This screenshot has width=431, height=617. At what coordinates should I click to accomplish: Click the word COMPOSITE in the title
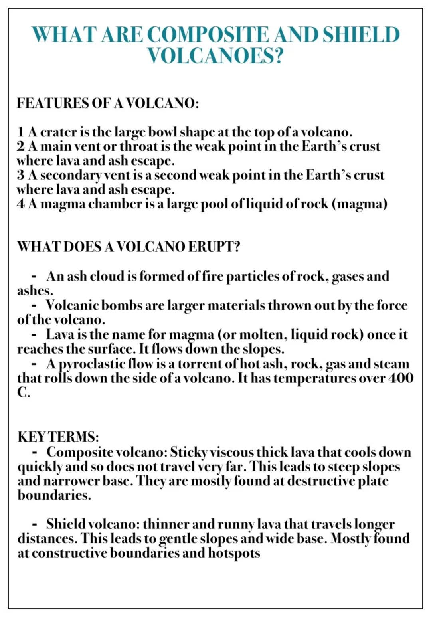click(208, 34)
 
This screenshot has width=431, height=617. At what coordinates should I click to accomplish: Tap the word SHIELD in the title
click(361, 34)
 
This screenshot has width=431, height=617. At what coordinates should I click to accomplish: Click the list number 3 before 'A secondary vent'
click(21, 175)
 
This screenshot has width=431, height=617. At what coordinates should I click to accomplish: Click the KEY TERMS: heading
click(58, 437)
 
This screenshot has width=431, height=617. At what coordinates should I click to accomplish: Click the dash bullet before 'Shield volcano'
click(35, 524)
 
